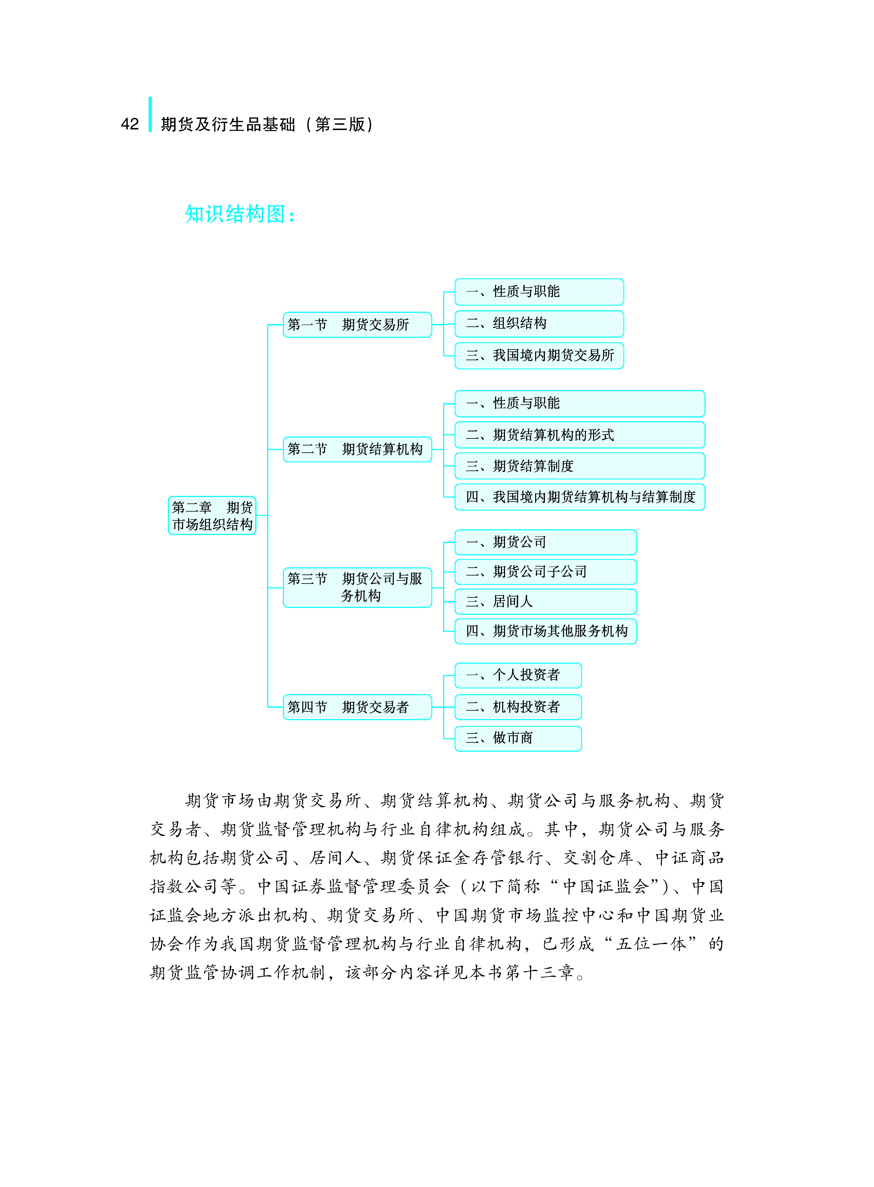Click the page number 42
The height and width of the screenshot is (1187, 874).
click(x=130, y=124)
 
